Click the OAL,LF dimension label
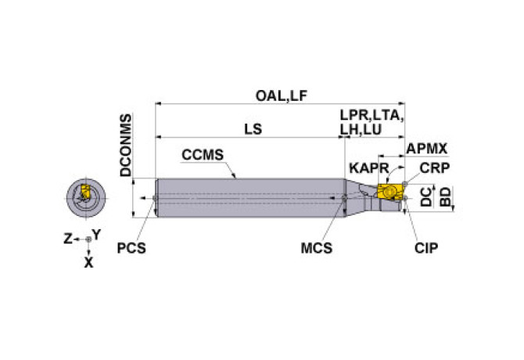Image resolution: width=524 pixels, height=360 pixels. [x=281, y=96]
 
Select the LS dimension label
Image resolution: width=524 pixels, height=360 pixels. [x=253, y=129]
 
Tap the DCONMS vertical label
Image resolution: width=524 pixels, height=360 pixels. [x=126, y=145]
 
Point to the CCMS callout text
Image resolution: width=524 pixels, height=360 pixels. [x=203, y=155]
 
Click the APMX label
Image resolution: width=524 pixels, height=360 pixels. [x=426, y=149]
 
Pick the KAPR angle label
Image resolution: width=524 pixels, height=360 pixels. [x=369, y=168]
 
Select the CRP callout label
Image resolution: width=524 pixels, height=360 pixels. [x=434, y=168]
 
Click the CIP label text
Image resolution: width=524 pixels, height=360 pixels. [x=426, y=248]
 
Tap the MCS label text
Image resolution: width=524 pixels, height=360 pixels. [x=317, y=248]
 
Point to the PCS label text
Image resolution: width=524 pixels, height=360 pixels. [x=131, y=248]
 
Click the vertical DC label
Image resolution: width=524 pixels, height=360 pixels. [x=426, y=196]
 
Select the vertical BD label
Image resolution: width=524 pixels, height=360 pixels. [x=445, y=196]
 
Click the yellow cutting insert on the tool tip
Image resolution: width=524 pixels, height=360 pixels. [x=389, y=192]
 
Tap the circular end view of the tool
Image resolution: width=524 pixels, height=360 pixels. [x=86, y=198]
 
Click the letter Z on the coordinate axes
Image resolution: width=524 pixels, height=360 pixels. [x=68, y=239]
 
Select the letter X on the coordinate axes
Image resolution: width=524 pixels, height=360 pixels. [x=88, y=263]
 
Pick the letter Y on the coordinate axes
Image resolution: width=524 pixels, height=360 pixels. [x=96, y=235]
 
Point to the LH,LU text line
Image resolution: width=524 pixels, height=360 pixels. [x=361, y=129]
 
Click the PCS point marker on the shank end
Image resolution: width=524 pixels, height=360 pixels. [x=155, y=198]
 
